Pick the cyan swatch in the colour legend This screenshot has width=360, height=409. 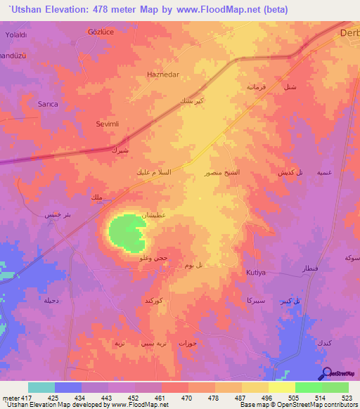(x=41, y=387)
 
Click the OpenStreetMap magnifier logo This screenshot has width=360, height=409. (x=327, y=374)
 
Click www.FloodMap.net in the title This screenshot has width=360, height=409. (x=211, y=11)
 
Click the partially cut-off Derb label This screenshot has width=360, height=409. (x=349, y=33)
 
